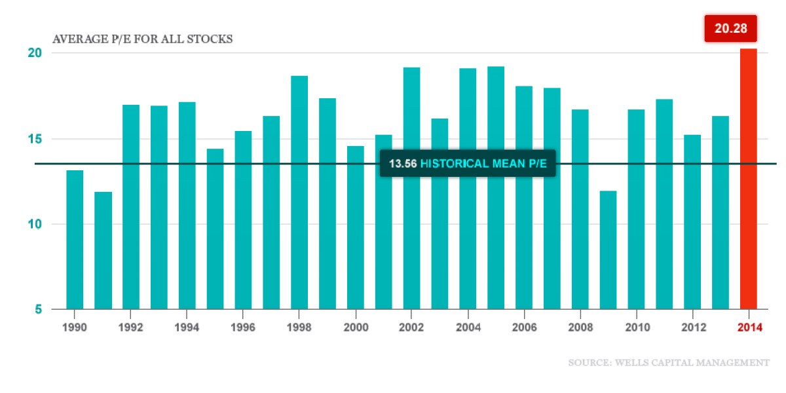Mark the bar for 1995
point(215,229)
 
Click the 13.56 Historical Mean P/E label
point(468,163)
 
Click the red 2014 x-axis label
point(749,328)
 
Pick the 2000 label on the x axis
point(356,328)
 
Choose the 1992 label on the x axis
point(131,328)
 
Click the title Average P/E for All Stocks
point(142,39)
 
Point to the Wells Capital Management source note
point(669,362)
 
